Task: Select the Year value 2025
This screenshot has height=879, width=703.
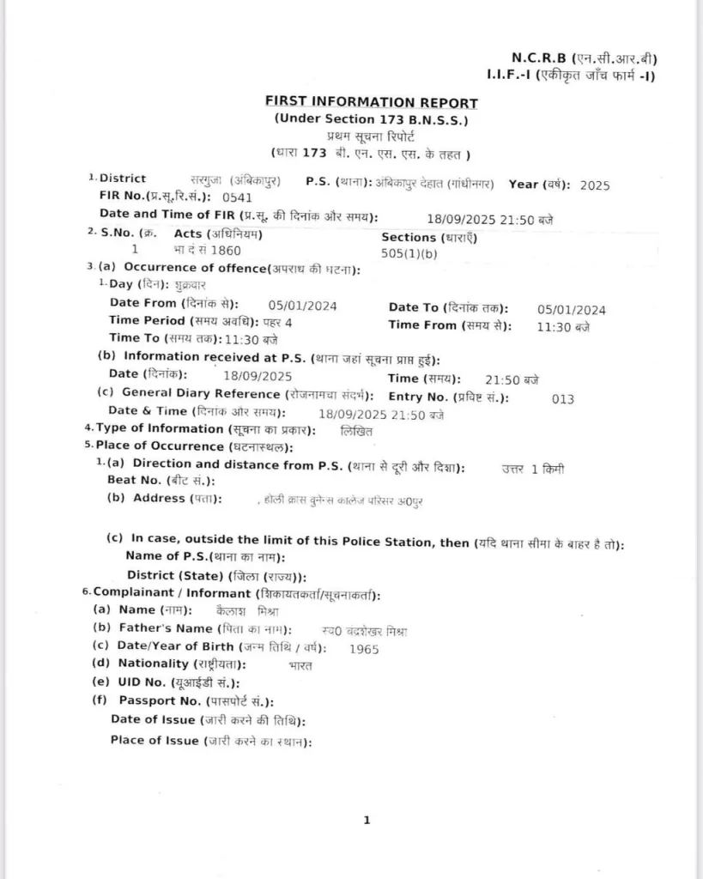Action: pos(594,185)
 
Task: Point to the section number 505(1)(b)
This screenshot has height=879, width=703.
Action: pos(409,253)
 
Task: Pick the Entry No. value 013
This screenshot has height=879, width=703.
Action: pos(563,399)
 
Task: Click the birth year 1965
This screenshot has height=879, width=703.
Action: pos(364,649)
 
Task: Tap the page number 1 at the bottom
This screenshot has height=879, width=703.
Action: pos(367,821)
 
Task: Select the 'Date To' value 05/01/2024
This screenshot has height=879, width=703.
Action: pos(572,311)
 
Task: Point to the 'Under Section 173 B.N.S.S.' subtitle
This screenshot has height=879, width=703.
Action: pos(371,119)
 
